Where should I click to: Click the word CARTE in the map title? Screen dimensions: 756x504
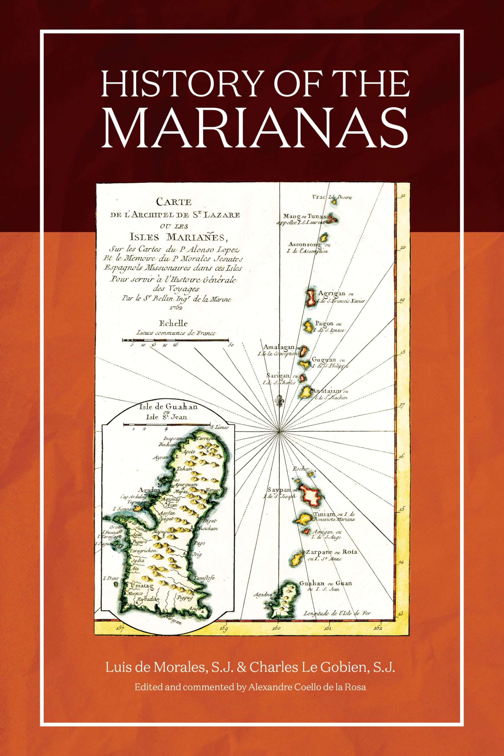click(174, 202)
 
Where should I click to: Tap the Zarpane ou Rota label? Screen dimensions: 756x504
click(331, 552)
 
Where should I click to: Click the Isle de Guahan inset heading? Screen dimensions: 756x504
click(168, 407)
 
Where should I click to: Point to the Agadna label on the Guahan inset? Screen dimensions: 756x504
click(149, 490)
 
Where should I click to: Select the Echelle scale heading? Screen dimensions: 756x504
click(173, 323)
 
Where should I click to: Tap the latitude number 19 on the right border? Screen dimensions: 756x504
click(402, 301)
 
